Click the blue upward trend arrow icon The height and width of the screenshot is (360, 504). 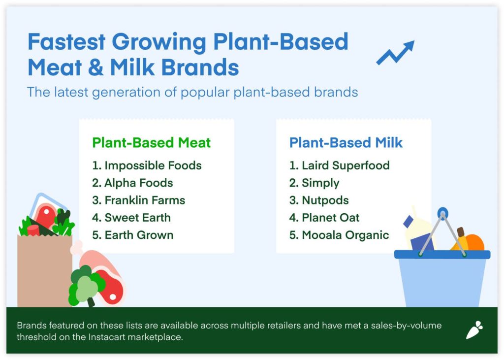(x=396, y=53)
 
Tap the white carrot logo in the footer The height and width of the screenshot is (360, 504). (x=475, y=330)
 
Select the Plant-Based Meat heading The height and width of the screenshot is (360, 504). (x=152, y=142)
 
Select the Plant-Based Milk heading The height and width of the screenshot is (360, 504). (x=346, y=142)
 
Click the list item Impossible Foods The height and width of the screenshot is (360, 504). (x=147, y=165)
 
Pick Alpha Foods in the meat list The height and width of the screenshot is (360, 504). (x=132, y=183)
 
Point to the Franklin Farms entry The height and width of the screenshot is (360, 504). (x=138, y=200)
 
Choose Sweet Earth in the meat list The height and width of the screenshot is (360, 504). (x=131, y=218)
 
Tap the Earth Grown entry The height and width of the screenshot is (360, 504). (x=133, y=235)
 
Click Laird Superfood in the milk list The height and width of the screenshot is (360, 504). (x=340, y=165)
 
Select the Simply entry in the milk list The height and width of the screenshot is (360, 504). (x=315, y=183)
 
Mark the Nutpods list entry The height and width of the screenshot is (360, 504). (x=319, y=200)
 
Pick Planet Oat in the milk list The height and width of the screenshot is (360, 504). (x=324, y=218)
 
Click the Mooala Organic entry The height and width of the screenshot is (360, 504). (x=339, y=235)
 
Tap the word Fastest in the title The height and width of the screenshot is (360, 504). (x=66, y=41)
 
